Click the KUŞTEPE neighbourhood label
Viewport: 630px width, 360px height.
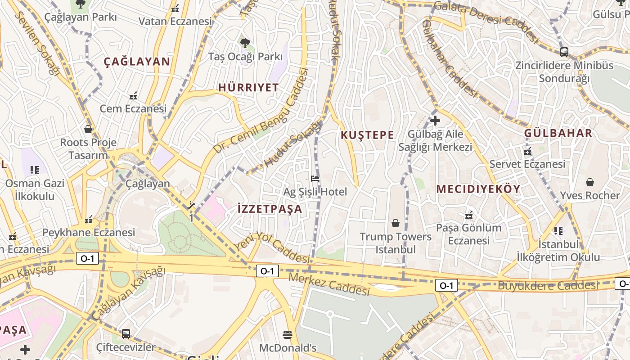pos(367,135)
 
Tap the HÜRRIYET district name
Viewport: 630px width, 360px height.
pos(248,87)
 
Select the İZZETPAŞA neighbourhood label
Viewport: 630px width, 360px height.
pos(270,209)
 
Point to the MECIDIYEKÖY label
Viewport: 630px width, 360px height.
pos(478,189)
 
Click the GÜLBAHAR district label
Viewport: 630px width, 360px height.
pos(558,133)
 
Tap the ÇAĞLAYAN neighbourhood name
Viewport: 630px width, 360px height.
pos(137,62)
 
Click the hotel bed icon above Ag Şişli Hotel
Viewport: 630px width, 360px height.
pos(315,179)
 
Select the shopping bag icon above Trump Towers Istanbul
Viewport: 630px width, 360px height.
pos(396,223)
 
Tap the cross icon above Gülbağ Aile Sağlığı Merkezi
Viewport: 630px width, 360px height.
pos(435,121)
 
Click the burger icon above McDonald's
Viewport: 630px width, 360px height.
pos(288,334)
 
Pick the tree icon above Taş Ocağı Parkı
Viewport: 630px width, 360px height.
pos(245,43)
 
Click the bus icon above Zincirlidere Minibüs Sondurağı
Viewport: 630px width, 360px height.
pos(564,52)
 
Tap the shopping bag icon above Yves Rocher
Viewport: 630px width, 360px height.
pos(589,182)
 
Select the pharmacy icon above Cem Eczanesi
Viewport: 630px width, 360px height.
pos(133,95)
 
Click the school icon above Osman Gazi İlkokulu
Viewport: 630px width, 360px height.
pos(35,170)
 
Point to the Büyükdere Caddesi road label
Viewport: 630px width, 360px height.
pos(548,285)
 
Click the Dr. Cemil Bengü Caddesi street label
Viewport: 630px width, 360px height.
pos(261,111)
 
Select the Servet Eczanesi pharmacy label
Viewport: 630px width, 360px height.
pos(527,164)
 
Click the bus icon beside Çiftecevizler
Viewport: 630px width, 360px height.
pos(126,334)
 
